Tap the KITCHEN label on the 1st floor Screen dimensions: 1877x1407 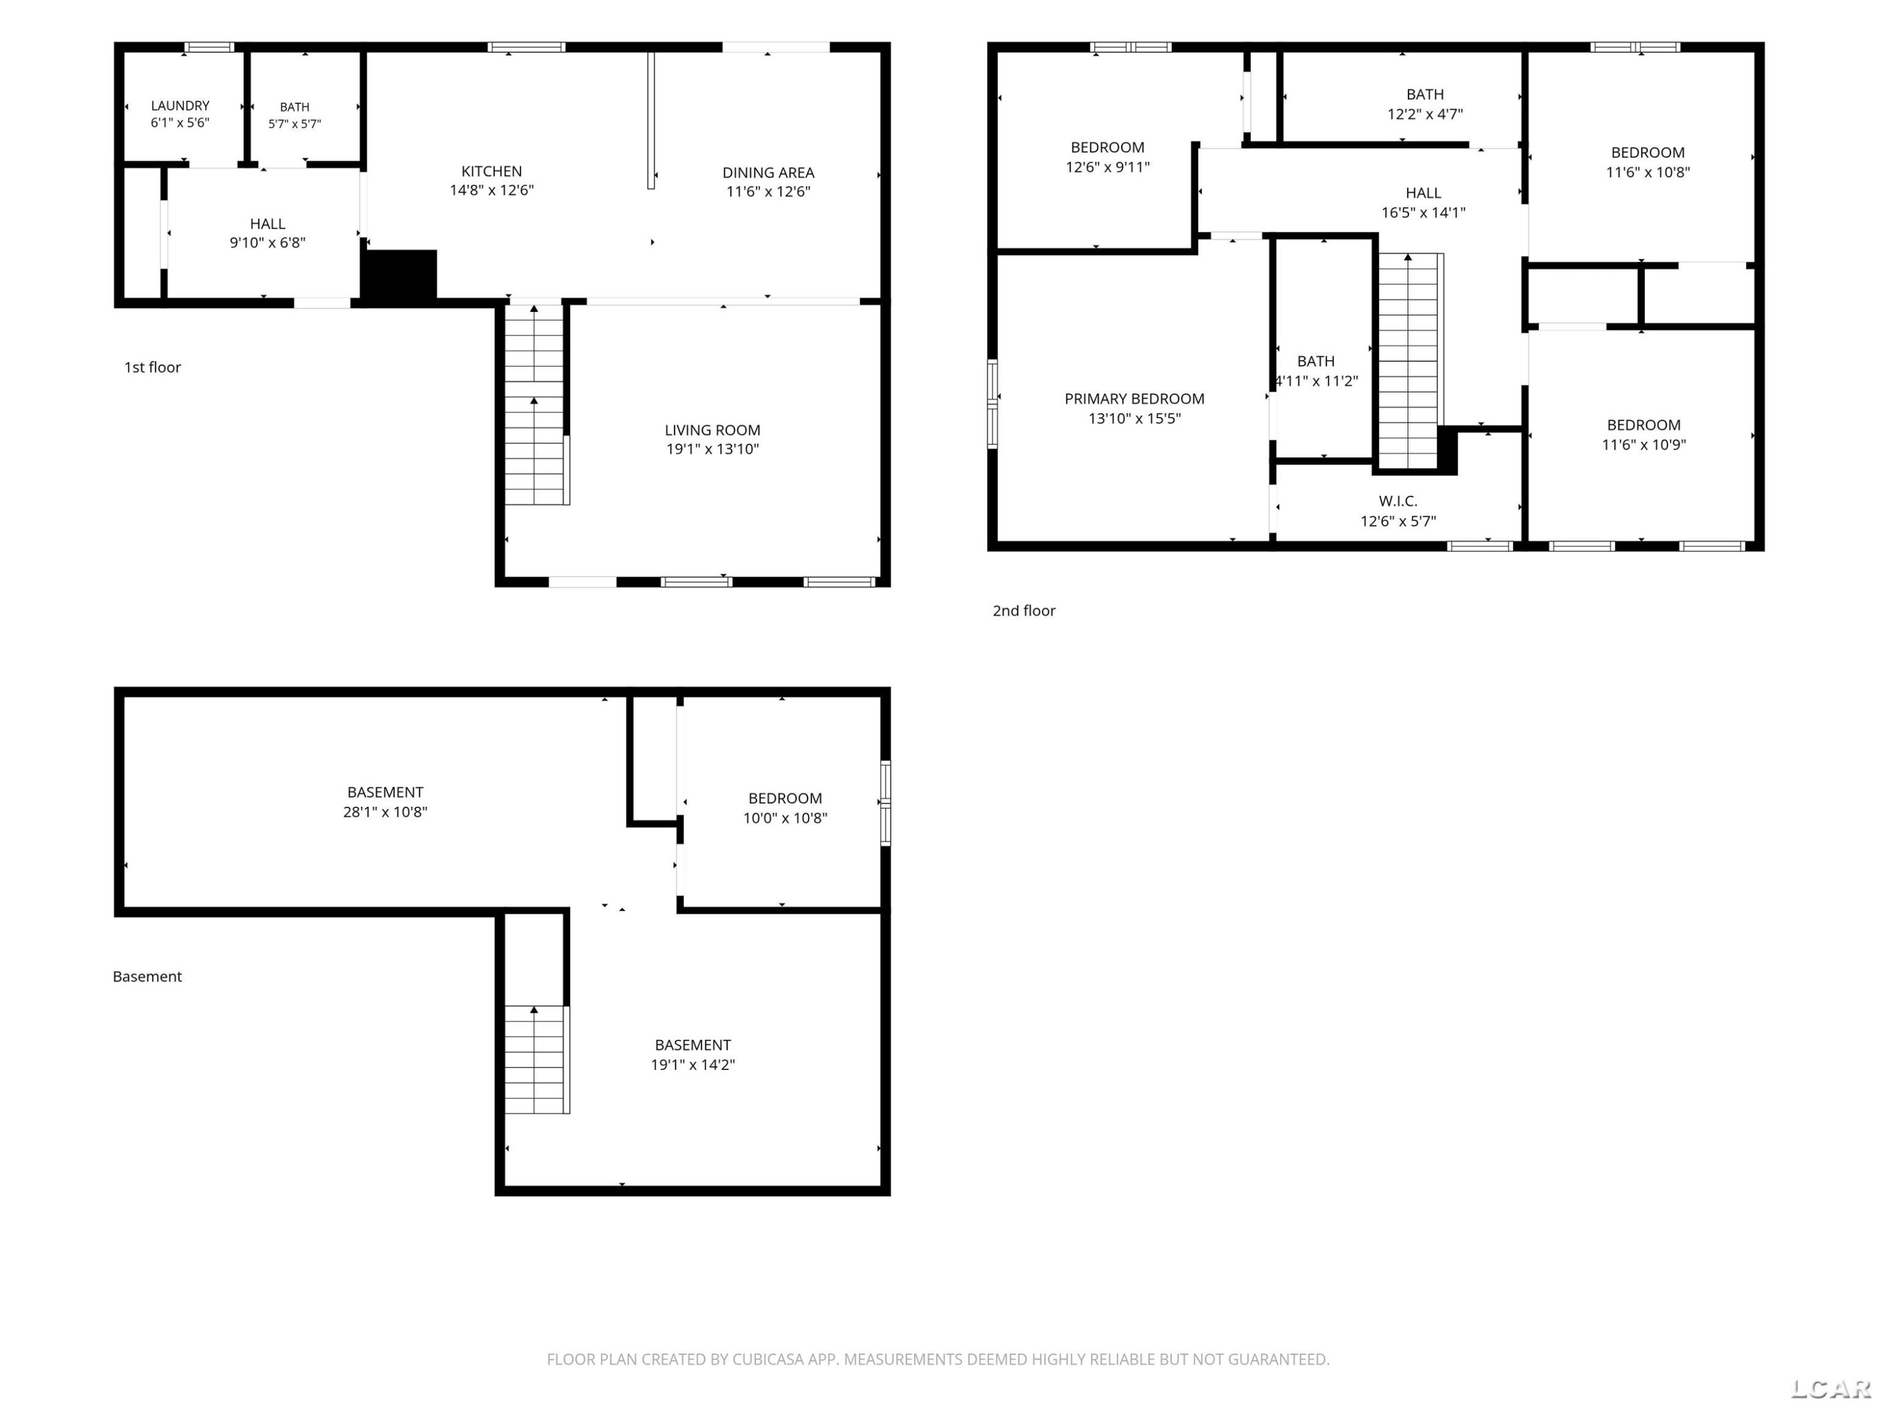[491, 171]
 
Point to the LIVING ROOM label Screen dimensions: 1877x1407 [712, 431]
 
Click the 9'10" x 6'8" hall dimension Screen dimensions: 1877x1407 [267, 243]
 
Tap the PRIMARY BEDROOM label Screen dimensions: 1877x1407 [1134, 398]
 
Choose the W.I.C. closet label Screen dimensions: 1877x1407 [1398, 502]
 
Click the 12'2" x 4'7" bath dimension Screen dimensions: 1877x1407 [1425, 114]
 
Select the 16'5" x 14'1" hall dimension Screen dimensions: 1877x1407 [1423, 213]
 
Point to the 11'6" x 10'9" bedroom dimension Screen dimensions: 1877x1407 [1644, 445]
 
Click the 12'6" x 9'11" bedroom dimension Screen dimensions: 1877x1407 [1107, 167]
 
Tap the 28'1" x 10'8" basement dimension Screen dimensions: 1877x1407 [385, 812]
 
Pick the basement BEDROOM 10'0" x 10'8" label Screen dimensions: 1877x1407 [785, 808]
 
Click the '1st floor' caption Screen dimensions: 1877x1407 [153, 367]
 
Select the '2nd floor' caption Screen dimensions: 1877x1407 [1024, 610]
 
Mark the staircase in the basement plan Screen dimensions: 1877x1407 [537, 1059]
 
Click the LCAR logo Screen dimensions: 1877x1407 [1830, 1388]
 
